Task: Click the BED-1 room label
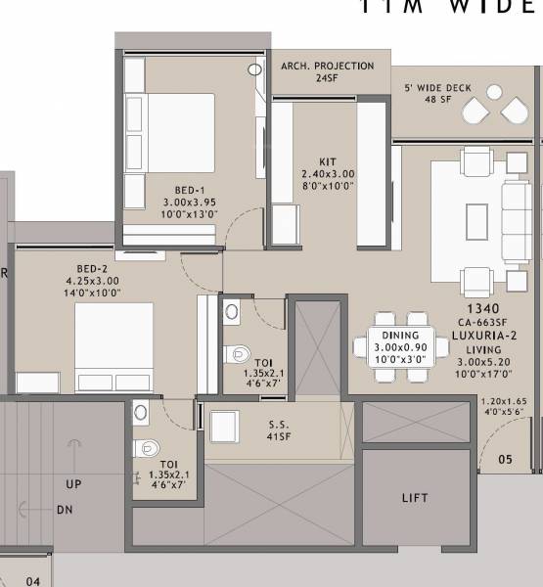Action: (x=190, y=190)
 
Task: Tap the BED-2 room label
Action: (x=98, y=266)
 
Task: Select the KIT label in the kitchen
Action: (x=328, y=161)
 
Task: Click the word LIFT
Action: (x=415, y=498)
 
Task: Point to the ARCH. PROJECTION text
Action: (x=327, y=67)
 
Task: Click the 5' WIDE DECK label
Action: (x=437, y=88)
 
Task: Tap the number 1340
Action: (x=476, y=308)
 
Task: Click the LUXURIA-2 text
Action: (x=476, y=336)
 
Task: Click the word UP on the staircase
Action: (x=74, y=484)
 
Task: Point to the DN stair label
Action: (x=64, y=510)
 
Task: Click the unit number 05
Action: (x=505, y=459)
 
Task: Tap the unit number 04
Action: (x=33, y=581)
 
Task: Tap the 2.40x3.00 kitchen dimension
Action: (x=328, y=174)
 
